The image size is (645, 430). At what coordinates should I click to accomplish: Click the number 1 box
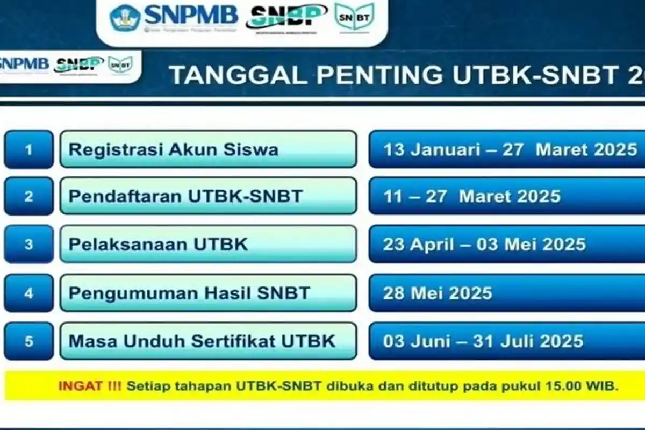(x=28, y=149)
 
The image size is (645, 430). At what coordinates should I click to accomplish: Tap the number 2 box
(x=28, y=196)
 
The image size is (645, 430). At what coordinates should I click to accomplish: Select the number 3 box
(x=28, y=244)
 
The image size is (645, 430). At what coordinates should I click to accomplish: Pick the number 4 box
(x=28, y=293)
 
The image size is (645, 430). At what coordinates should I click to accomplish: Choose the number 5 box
(x=28, y=341)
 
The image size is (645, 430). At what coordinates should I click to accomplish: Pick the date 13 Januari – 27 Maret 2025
(x=510, y=149)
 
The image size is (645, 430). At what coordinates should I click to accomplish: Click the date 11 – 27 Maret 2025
(x=471, y=196)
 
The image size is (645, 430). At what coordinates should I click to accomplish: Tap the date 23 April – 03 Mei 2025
(x=484, y=244)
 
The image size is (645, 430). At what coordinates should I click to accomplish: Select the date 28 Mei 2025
(x=437, y=293)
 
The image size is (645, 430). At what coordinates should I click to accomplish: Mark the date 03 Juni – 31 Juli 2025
(x=483, y=341)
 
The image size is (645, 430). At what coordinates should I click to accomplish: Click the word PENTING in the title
(x=371, y=75)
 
